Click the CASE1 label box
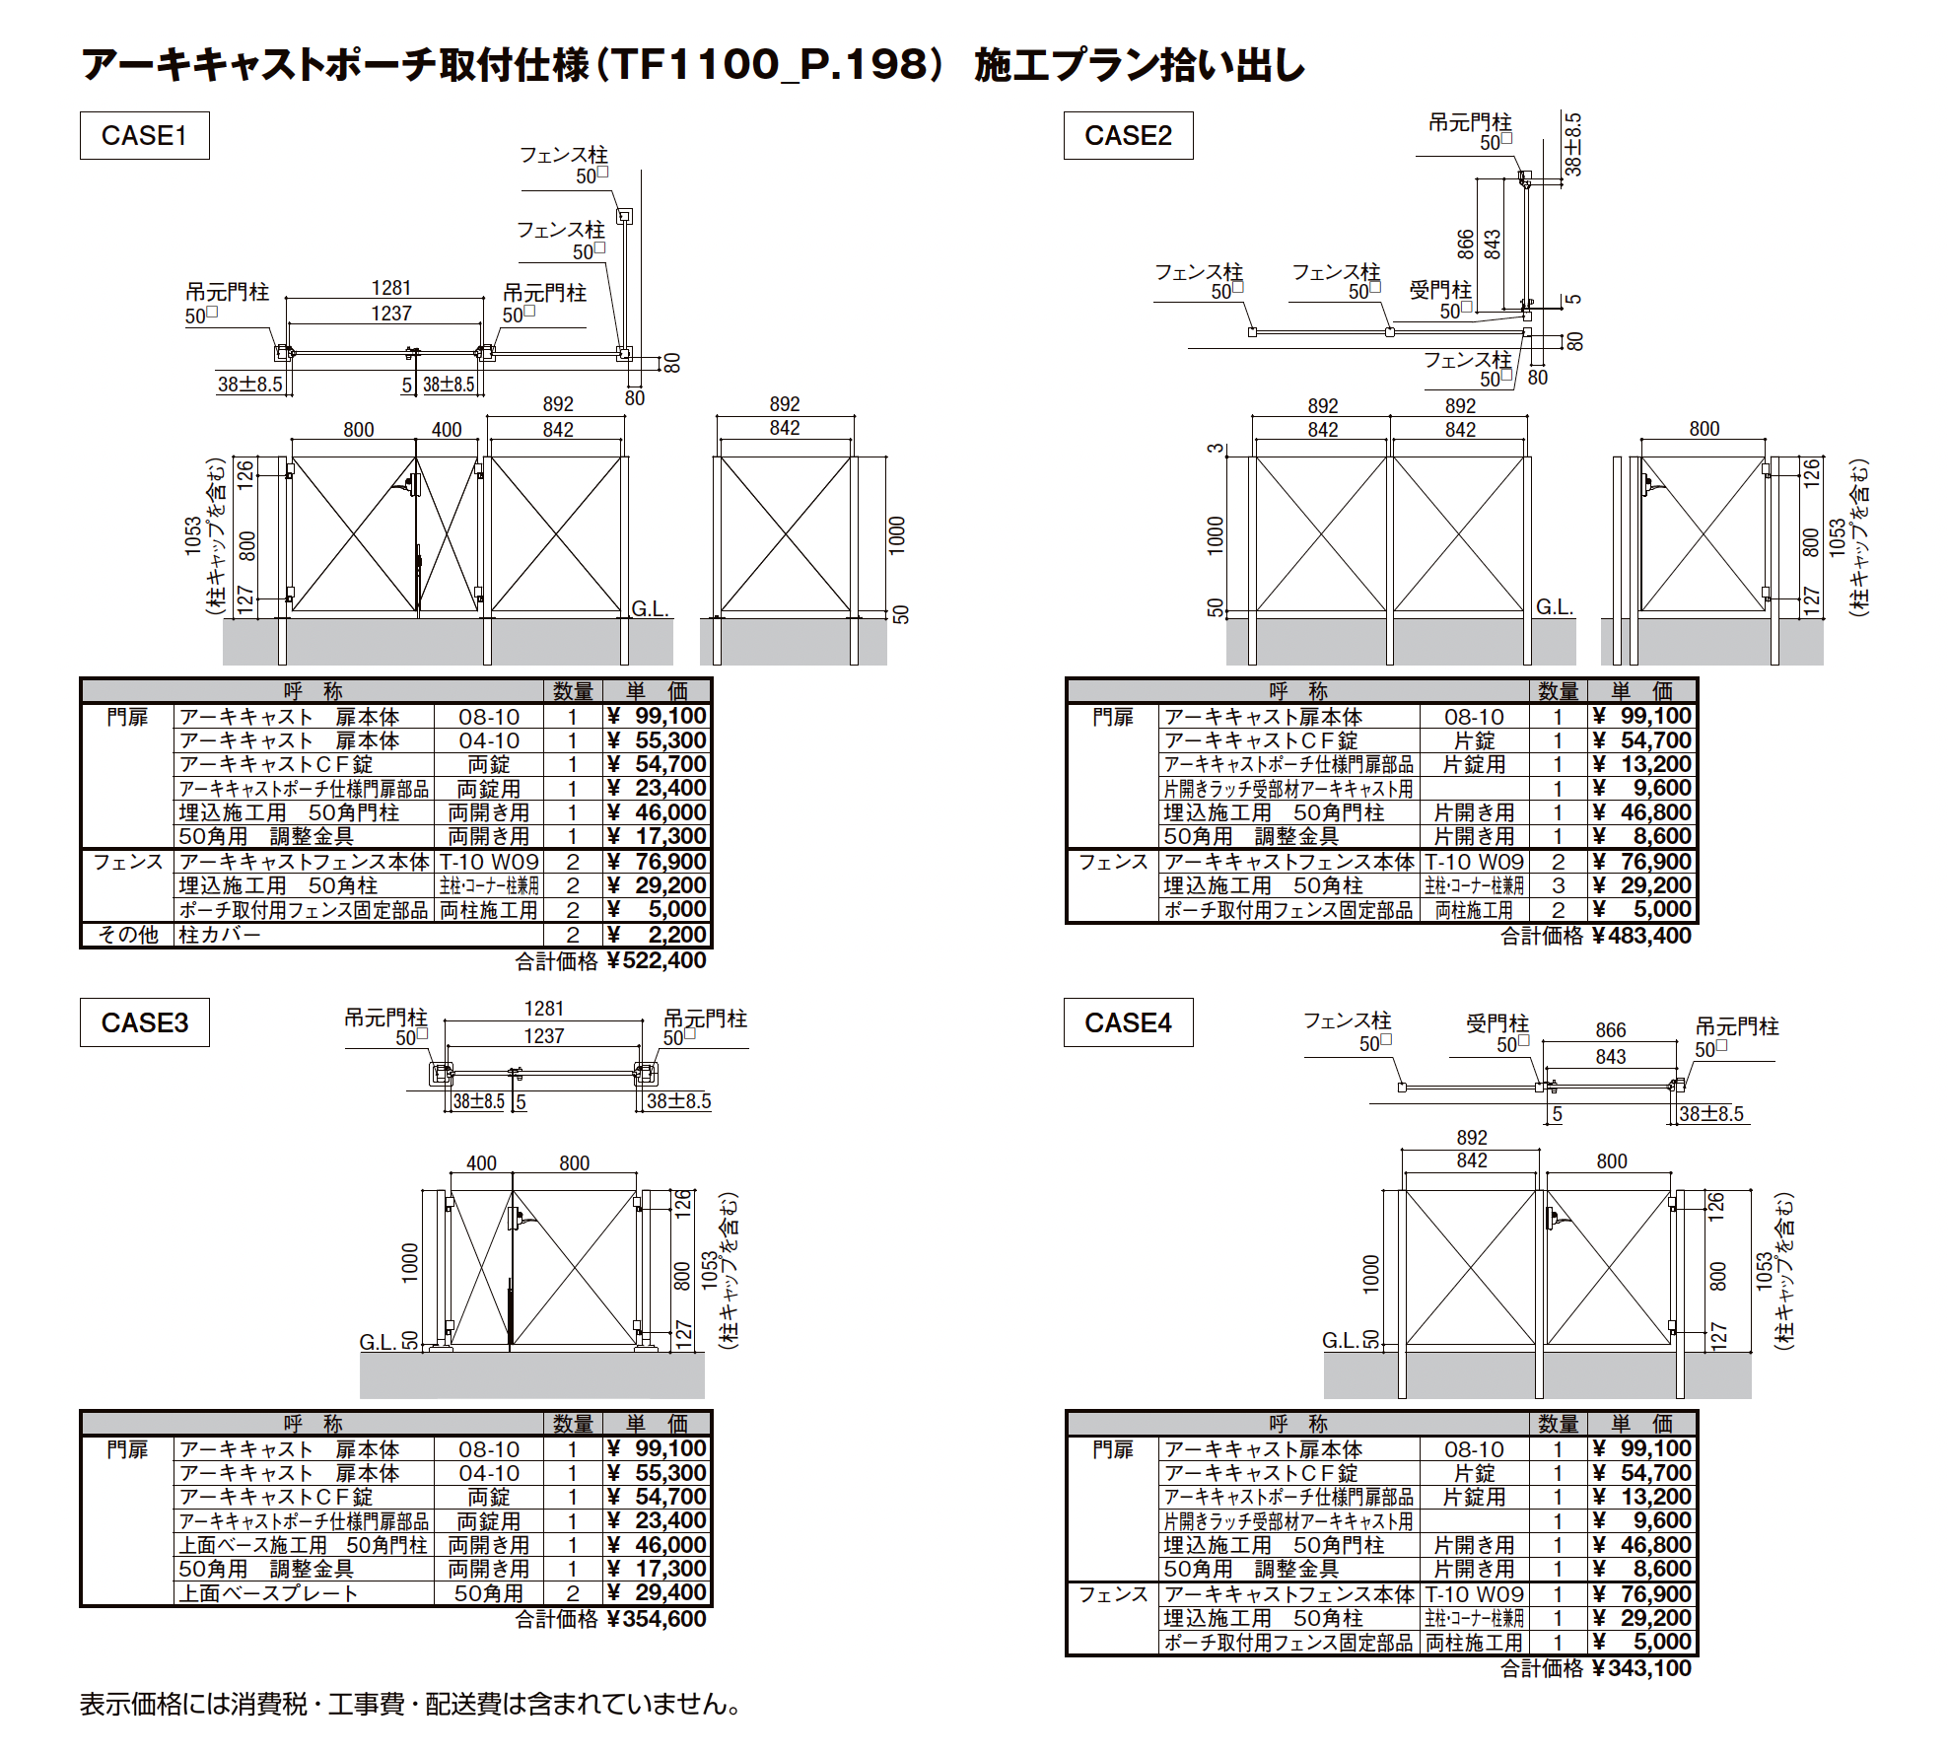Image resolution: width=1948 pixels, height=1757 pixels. [x=144, y=135]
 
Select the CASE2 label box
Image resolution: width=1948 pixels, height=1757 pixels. [x=1128, y=135]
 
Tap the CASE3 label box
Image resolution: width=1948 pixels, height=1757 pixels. [x=144, y=1022]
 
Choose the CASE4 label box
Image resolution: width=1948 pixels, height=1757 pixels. [x=1128, y=1022]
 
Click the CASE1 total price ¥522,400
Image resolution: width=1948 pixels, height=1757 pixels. [x=657, y=960]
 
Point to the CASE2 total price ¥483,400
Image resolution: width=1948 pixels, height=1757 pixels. [x=1641, y=936]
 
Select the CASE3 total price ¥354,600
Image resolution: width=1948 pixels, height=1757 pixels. [x=657, y=1619]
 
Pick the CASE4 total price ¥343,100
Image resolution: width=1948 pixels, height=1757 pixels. [x=1641, y=1668]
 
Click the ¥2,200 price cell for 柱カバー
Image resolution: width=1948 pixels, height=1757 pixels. [x=657, y=935]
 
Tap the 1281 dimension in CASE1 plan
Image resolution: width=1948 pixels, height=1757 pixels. [x=391, y=288]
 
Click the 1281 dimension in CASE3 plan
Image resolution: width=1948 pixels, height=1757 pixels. [x=544, y=1009]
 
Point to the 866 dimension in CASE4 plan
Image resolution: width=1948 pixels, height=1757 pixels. [x=1611, y=1030]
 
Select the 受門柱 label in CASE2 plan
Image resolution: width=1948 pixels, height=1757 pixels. [x=1440, y=290]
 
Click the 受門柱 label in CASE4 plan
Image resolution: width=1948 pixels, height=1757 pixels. [x=1497, y=1023]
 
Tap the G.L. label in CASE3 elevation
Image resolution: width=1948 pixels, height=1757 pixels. [x=378, y=1342]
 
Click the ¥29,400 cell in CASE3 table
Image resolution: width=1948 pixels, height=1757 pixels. [x=657, y=1592]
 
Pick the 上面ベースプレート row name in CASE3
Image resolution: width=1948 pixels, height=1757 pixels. [x=268, y=1593]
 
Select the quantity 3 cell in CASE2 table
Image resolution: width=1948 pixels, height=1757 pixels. [x=1559, y=885]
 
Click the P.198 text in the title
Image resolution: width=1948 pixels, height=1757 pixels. [x=865, y=65]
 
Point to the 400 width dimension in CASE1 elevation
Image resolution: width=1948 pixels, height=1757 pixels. [x=447, y=430]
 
